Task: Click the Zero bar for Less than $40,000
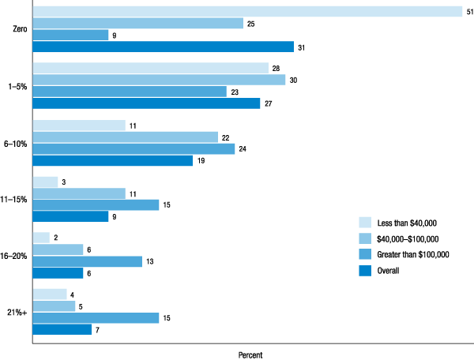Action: click(x=246, y=11)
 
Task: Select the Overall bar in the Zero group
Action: click(x=163, y=47)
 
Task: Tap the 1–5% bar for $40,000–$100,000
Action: click(x=159, y=80)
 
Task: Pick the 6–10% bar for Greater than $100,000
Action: click(x=134, y=148)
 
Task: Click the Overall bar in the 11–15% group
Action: click(x=70, y=216)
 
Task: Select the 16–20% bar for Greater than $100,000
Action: click(x=87, y=261)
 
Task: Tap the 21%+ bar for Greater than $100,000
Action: click(x=96, y=317)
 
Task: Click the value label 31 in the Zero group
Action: click(x=302, y=47)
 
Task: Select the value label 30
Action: click(x=293, y=80)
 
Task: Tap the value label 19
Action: click(x=201, y=160)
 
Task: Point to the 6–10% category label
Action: click(x=14, y=143)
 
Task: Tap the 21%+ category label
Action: click(x=16, y=312)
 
